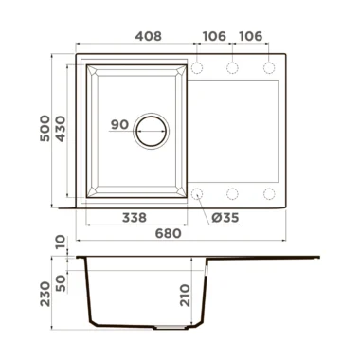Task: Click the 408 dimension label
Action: pos(148,36)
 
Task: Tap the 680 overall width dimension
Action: pos(169,233)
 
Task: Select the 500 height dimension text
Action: pos(45,129)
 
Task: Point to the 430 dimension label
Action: pos(60,129)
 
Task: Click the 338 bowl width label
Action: pos(135,217)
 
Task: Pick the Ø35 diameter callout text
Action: pos(225,218)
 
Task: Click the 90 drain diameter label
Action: pos(119,124)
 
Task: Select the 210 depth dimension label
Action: pos(186,296)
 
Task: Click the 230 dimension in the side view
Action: pos(45,294)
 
